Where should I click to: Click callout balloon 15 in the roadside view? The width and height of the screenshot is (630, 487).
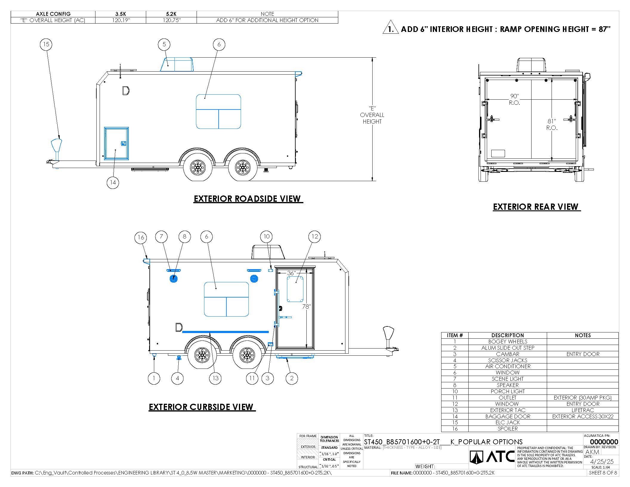tap(46, 44)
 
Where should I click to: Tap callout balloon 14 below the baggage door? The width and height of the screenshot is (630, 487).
tap(113, 182)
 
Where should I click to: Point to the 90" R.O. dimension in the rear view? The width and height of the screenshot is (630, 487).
tap(515, 99)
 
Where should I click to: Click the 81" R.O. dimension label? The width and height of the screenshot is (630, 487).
tap(552, 124)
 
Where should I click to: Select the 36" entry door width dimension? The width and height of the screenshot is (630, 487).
tap(291, 273)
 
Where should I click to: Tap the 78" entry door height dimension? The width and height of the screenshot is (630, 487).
tap(306, 306)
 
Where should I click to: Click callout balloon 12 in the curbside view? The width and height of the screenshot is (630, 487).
tap(315, 237)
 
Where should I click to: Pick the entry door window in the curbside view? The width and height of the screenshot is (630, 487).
tap(295, 289)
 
